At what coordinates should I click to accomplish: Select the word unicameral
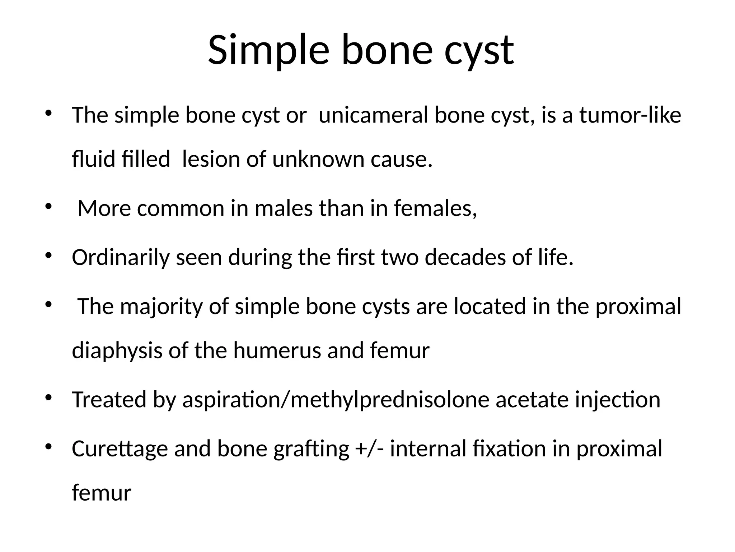pos(373,115)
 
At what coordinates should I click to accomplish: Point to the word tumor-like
pos(630,115)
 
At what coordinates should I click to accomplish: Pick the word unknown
pos(318,159)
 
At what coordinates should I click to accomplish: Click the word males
pos(284,208)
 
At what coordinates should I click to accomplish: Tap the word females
pos(435,208)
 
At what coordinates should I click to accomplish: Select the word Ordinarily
pos(121,258)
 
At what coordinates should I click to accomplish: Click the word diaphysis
pos(117,350)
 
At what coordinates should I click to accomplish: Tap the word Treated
pos(109,400)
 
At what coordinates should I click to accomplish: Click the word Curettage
pos(120,449)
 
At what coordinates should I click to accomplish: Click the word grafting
pos(311,449)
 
